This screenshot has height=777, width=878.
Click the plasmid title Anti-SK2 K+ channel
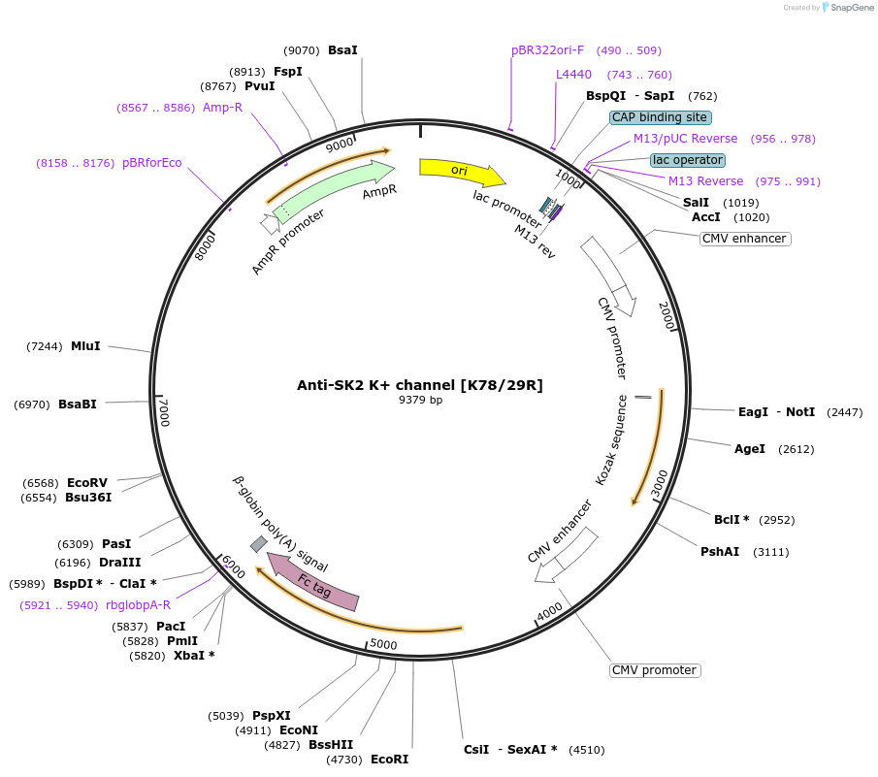(x=419, y=385)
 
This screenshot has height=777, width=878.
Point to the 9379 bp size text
(x=420, y=400)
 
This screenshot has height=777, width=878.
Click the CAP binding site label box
(x=660, y=117)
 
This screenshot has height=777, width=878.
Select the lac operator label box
(x=688, y=159)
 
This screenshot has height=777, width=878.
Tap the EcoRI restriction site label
(x=389, y=759)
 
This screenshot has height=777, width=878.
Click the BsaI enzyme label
(x=342, y=49)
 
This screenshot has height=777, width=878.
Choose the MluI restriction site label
(x=85, y=346)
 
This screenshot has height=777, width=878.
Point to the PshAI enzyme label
(x=720, y=551)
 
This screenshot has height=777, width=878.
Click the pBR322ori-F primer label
(x=548, y=50)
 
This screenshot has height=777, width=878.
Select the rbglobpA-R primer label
(x=138, y=604)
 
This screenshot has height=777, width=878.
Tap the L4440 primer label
(x=573, y=75)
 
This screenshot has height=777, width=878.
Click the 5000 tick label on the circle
(x=383, y=644)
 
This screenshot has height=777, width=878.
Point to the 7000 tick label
(x=164, y=411)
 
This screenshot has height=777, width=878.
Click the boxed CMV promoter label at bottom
(x=655, y=670)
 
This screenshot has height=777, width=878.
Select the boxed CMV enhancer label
(x=745, y=239)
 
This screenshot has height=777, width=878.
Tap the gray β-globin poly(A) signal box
(x=258, y=544)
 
